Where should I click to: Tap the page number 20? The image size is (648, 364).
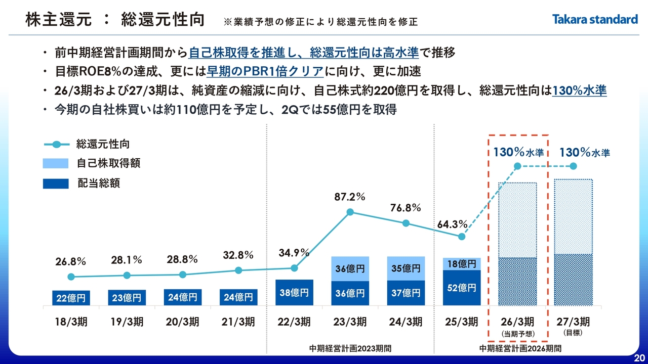pyautogui.click(x=639, y=358)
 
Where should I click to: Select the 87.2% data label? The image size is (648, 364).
pyautogui.click(x=350, y=197)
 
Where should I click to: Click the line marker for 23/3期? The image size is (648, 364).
pyautogui.click(x=350, y=213)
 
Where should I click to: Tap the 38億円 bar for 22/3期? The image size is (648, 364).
pyautogui.click(x=294, y=292)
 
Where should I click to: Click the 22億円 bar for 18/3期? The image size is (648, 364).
pyautogui.click(x=71, y=298)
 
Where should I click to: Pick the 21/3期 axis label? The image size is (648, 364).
pyautogui.click(x=238, y=322)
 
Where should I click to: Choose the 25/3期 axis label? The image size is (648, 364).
pyautogui.click(x=462, y=322)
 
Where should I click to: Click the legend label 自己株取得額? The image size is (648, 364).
pyautogui.click(x=108, y=163)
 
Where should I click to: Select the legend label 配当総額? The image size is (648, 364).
pyautogui.click(x=98, y=183)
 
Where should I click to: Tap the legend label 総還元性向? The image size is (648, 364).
pyautogui.click(x=103, y=144)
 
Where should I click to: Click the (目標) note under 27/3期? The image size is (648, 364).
pyautogui.click(x=574, y=333)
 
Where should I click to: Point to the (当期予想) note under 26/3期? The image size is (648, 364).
pyautogui.click(x=518, y=334)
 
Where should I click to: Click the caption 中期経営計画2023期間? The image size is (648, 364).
pyautogui.click(x=350, y=349)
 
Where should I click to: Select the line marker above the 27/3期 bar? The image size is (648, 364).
pyautogui.click(x=574, y=166)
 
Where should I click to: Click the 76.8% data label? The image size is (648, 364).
pyautogui.click(x=406, y=208)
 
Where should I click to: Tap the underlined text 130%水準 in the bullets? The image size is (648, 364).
pyautogui.click(x=580, y=91)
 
